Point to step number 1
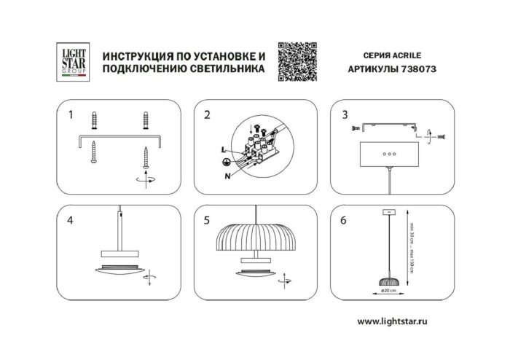71,114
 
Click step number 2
207,114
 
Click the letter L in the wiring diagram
222,149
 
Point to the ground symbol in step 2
227,162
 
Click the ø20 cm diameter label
389,291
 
